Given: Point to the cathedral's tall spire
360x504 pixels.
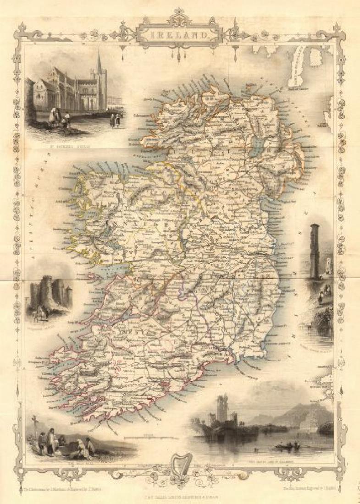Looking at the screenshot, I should pos(99,66).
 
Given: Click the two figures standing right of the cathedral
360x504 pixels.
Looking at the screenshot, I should pos(115,120).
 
